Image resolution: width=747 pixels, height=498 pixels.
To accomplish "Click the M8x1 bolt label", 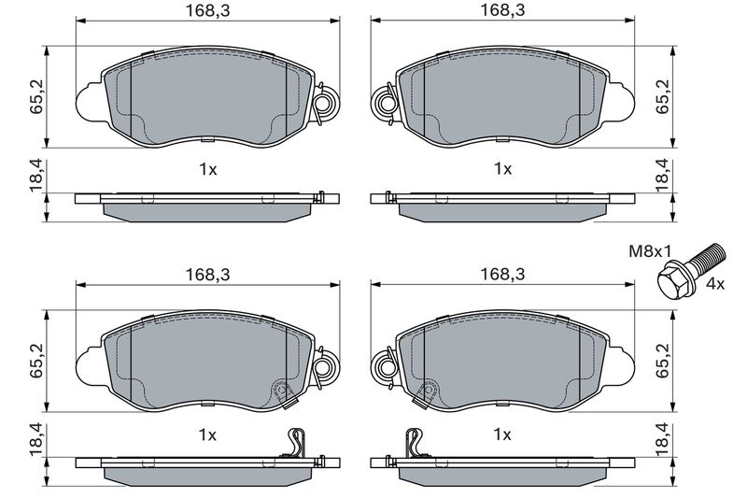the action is click(650, 250).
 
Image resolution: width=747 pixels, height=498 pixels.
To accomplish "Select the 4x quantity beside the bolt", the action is click(714, 284).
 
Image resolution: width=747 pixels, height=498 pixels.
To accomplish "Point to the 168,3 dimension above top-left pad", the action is click(207, 10).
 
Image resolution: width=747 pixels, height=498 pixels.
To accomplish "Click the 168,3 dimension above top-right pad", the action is click(502, 10).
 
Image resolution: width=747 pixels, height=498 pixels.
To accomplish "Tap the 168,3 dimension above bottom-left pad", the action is click(207, 275).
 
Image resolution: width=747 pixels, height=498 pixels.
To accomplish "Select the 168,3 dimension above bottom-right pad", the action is click(502, 275).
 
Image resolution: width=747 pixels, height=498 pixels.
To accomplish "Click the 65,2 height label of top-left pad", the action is click(36, 97).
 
